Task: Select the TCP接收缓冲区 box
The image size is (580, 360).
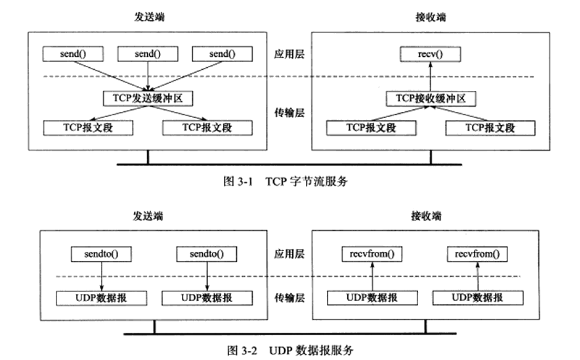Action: tap(431, 97)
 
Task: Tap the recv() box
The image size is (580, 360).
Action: tap(431, 54)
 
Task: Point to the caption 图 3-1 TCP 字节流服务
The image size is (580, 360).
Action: tap(285, 182)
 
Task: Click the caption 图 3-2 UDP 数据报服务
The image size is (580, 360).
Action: tap(289, 348)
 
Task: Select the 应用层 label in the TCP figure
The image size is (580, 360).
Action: tap(285, 54)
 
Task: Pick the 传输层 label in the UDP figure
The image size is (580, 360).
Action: tap(285, 298)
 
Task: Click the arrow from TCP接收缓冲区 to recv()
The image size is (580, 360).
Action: tap(431, 76)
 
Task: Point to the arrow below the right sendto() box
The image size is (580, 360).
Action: tap(206, 276)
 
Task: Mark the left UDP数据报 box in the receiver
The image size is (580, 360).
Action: tap(372, 298)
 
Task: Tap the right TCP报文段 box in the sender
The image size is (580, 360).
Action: tap(208, 127)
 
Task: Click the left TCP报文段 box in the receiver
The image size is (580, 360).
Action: tap(371, 127)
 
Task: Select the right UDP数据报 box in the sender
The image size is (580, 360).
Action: tap(206, 298)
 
